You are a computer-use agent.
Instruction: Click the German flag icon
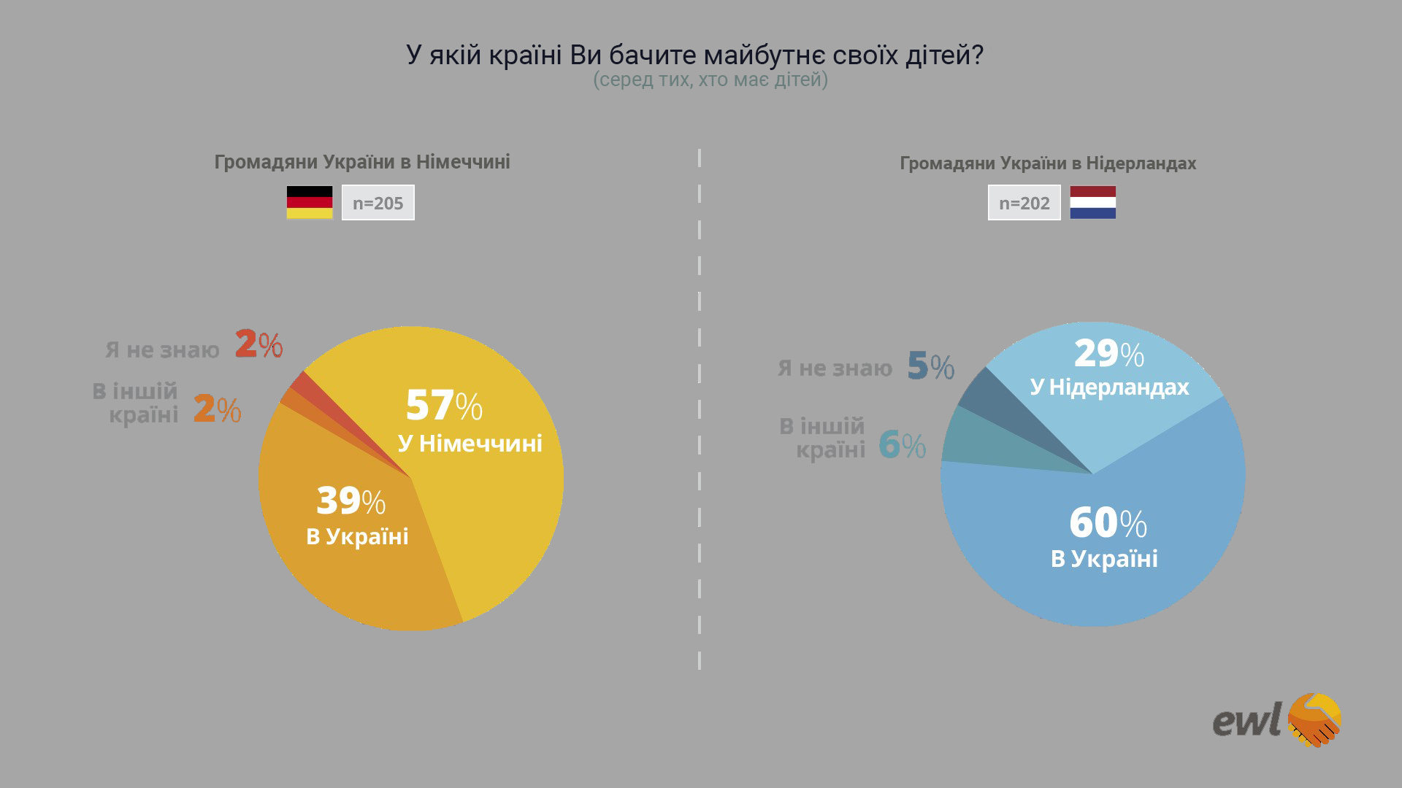(309, 202)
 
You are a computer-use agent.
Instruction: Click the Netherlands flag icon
(1092, 202)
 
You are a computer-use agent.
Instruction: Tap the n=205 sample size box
(378, 203)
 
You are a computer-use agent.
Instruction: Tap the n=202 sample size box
(1024, 203)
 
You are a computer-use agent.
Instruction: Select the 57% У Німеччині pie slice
(482, 496)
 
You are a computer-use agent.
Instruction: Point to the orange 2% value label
(217, 409)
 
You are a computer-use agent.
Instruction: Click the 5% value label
(930, 366)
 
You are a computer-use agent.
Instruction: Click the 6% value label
(902, 444)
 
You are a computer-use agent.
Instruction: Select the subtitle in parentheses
(710, 80)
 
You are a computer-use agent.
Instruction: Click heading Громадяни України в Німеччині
(362, 162)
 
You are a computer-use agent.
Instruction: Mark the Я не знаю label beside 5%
(835, 368)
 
